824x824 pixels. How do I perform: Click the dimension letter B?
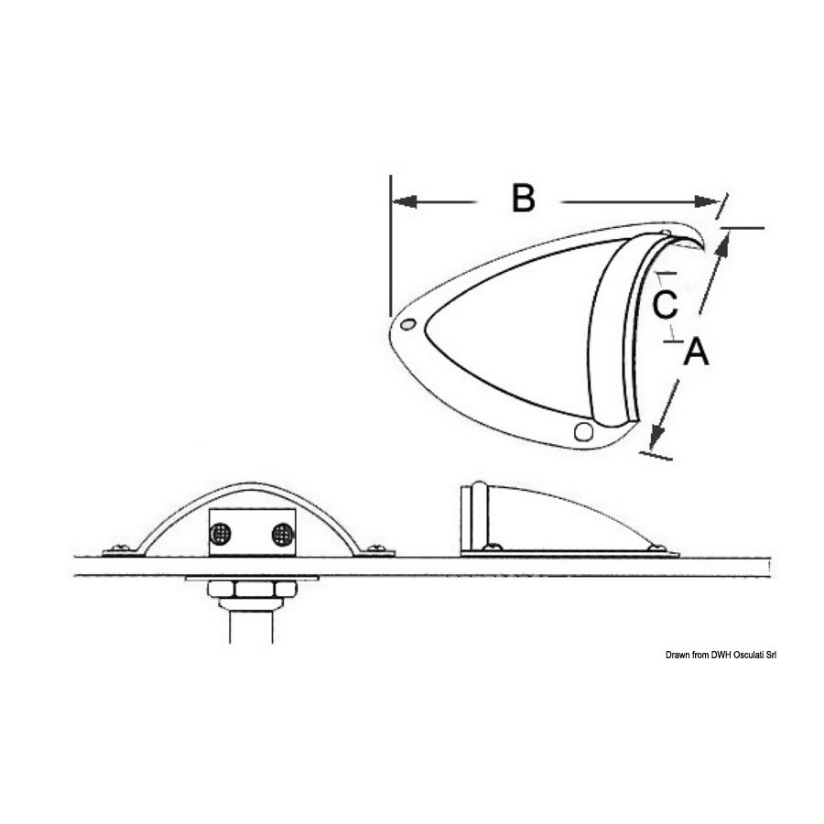(x=524, y=198)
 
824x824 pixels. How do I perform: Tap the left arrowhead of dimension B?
(x=405, y=201)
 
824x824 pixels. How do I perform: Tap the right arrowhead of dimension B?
(x=707, y=201)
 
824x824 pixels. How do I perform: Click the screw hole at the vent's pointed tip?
(x=407, y=324)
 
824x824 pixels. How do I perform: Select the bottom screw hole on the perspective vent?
(x=583, y=431)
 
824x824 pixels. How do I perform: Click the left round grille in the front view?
(x=220, y=534)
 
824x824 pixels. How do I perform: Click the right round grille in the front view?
(x=283, y=534)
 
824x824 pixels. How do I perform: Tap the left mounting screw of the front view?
(x=121, y=548)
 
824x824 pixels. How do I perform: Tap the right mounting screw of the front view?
(x=376, y=548)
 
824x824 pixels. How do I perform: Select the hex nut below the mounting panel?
(x=253, y=589)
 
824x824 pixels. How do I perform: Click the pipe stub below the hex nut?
(x=251, y=626)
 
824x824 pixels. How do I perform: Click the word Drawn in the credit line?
(x=678, y=655)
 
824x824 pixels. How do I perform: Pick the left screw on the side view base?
(x=493, y=548)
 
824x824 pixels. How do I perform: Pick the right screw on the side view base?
(x=656, y=548)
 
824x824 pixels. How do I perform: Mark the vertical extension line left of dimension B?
(x=390, y=246)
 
